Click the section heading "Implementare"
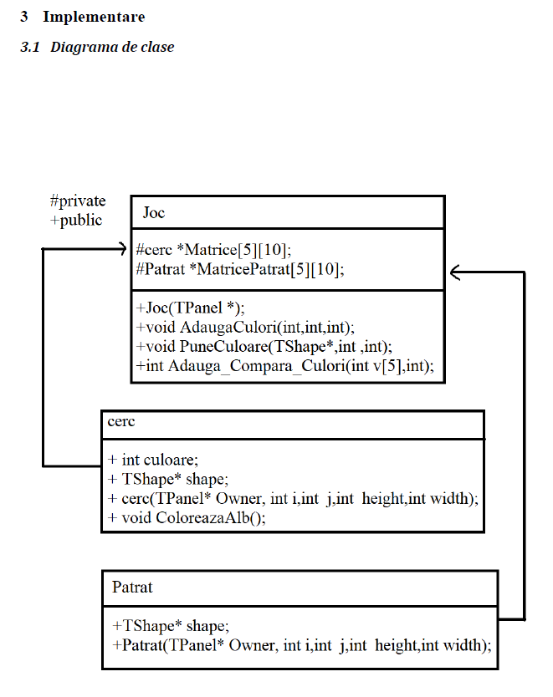[94, 17]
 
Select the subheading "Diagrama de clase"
[112, 47]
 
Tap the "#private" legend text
[78, 201]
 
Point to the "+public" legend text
[76, 221]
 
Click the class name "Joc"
[154, 213]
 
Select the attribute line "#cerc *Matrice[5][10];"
[213, 249]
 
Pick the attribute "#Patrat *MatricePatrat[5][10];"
[239, 269]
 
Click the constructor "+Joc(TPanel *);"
[190, 308]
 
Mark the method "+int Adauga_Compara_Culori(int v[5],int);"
[284, 366]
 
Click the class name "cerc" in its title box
[121, 422]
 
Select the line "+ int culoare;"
[153, 460]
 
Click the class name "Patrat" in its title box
[132, 588]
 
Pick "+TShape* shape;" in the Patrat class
[170, 626]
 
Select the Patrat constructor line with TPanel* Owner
[301, 645]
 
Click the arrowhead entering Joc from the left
[120, 248]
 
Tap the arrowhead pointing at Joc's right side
[456, 272]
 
